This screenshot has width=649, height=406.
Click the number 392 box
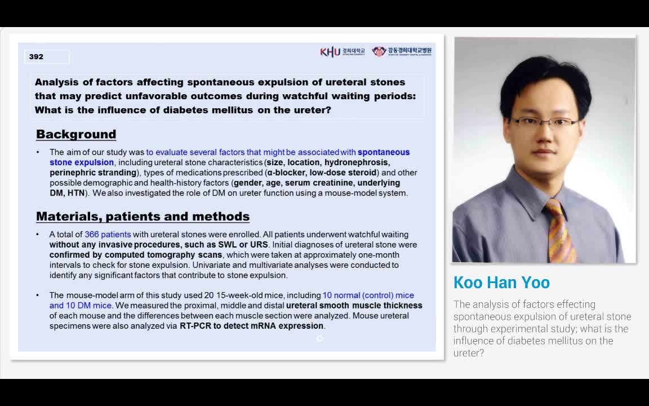pos(47,57)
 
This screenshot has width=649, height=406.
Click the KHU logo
pos(331,52)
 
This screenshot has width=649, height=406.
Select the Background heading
pos(76,134)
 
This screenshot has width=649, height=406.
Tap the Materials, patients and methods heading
pos(143,217)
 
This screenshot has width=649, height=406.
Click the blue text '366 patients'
pos(108,235)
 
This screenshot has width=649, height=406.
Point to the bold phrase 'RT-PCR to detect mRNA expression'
pos(252,326)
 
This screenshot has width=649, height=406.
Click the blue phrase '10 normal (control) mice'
pos(368,295)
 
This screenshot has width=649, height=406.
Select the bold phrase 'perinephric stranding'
pos(93,173)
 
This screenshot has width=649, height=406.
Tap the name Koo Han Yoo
pos(501,283)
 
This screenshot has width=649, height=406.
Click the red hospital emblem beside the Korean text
pos(379,51)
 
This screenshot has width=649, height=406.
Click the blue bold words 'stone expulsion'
pos(82,162)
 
